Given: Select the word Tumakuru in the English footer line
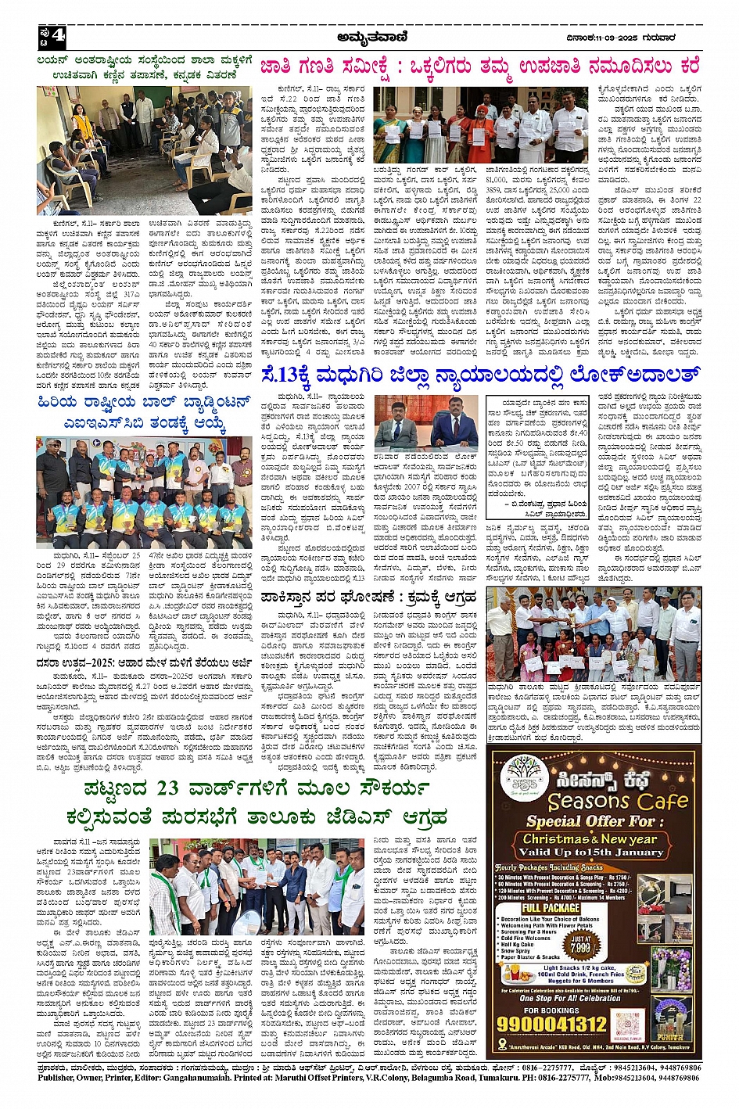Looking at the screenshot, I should (506, 1078).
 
